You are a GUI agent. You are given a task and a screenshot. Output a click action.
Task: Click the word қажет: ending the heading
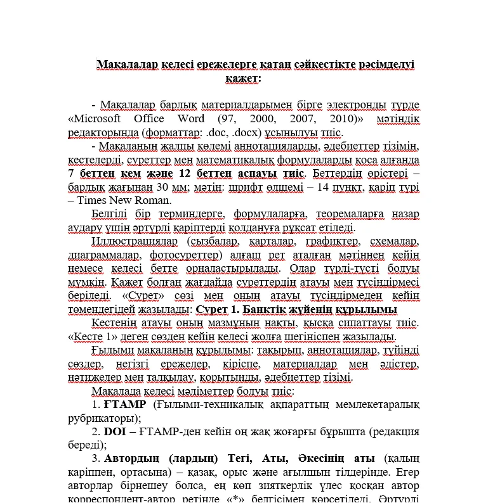[x=242, y=78]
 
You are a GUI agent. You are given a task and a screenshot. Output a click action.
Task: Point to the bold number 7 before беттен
[x=71, y=174]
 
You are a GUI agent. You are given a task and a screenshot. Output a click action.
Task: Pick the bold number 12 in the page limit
[x=188, y=174]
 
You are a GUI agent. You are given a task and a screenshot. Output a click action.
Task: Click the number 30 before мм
[x=163, y=188]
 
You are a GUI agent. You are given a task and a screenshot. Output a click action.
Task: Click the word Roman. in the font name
[x=149, y=201]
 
